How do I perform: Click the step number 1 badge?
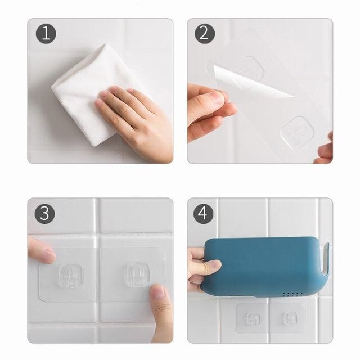click(x=46, y=34)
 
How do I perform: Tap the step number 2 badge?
click(x=205, y=34)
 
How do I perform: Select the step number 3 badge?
click(x=45, y=214)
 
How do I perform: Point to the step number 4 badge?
click(x=204, y=214)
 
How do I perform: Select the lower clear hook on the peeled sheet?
click(x=298, y=133)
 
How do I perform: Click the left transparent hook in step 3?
click(x=71, y=276)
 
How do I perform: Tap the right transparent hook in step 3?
click(x=138, y=274)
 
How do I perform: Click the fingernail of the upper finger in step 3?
click(x=49, y=254)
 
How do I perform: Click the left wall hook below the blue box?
click(x=252, y=318)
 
